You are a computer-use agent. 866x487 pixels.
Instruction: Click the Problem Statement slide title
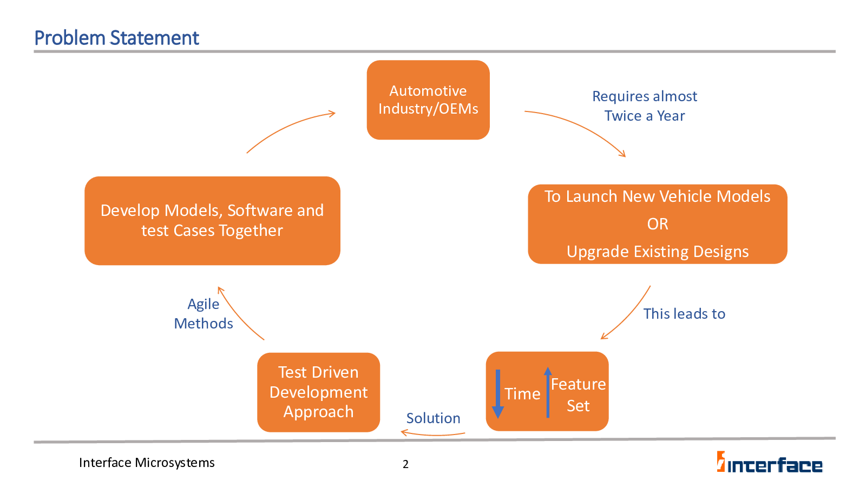[116, 38]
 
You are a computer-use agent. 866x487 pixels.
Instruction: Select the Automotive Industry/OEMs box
[428, 100]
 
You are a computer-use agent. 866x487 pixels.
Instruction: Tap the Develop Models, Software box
[212, 221]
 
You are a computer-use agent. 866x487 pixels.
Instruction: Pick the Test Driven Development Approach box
[319, 392]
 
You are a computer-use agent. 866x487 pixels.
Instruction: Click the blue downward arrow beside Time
[498, 394]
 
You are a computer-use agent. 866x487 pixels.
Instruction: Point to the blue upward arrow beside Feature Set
[548, 392]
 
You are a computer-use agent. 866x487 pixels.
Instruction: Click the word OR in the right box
[658, 224]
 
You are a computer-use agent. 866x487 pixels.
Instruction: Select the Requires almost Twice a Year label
[645, 106]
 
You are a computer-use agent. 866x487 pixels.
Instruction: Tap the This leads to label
[684, 314]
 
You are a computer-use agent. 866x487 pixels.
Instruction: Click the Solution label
[433, 418]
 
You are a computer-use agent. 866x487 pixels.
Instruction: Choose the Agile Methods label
[204, 314]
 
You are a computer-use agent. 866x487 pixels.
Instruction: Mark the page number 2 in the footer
[405, 464]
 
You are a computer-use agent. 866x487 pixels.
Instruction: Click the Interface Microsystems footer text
[147, 463]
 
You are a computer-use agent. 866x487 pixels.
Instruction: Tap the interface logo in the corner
[769, 462]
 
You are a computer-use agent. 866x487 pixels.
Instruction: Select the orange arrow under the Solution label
[433, 435]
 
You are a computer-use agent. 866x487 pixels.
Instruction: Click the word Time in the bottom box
[522, 394]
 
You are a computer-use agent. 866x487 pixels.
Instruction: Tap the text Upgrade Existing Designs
[658, 252]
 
